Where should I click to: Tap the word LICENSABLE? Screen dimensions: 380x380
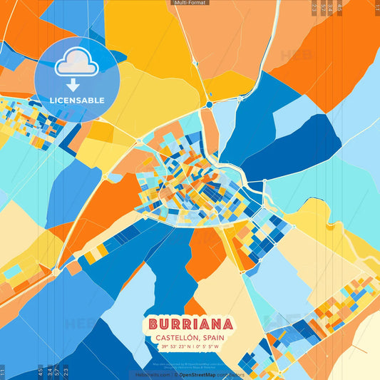point(76,101)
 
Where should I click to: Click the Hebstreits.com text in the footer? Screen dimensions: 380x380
point(153,374)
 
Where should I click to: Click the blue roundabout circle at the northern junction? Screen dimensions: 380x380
point(209,105)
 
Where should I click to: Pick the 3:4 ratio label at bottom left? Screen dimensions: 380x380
point(47,371)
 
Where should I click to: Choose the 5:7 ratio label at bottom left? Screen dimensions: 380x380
point(56,371)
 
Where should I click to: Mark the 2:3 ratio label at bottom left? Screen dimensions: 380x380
point(66,371)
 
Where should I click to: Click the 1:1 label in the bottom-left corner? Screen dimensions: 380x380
point(3,371)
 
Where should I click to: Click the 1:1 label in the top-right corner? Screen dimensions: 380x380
point(376,8)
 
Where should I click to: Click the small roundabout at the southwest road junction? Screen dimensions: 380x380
point(56,271)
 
